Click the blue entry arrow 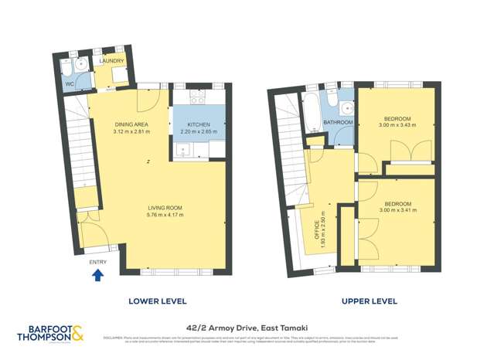[x=97, y=275]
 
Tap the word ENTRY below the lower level [x=97, y=263]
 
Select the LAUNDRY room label [x=111, y=60]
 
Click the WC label [x=70, y=83]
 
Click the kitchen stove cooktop [x=196, y=98]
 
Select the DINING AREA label [x=130, y=124]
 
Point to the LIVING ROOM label [x=165, y=208]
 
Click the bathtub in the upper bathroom [x=312, y=111]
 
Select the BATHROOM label [x=338, y=123]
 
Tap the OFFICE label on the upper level [x=316, y=229]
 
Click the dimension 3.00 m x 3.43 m [x=395, y=125]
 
